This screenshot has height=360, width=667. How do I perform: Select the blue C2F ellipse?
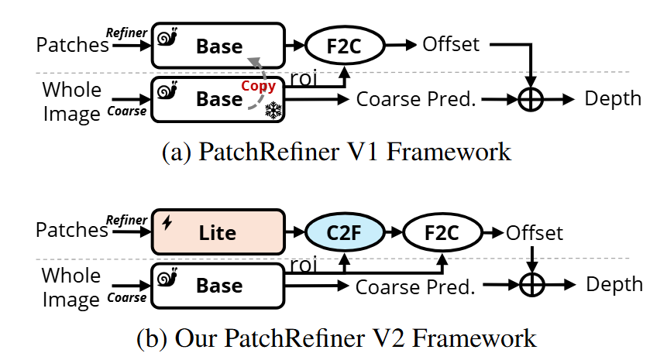pyautogui.click(x=342, y=230)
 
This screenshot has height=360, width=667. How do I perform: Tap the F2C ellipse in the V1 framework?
pyautogui.click(x=345, y=45)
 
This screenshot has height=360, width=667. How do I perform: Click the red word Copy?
pyautogui.click(x=257, y=86)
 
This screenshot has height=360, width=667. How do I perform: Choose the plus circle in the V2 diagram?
pyautogui.click(x=531, y=286)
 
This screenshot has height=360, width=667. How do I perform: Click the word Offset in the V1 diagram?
pyautogui.click(x=451, y=44)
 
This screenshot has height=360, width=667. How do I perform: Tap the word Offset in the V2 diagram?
pyautogui.click(x=534, y=231)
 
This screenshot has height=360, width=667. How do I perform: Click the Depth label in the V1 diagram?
pyautogui.click(x=613, y=98)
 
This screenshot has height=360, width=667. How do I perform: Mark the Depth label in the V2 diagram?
pyautogui.click(x=614, y=284)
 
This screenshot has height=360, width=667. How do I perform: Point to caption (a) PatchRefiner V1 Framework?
pyautogui.click(x=336, y=151)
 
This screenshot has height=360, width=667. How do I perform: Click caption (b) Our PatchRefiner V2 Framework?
pyautogui.click(x=335, y=338)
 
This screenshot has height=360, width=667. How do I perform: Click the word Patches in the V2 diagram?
pyautogui.click(x=72, y=230)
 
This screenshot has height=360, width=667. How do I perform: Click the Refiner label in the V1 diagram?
pyautogui.click(x=126, y=33)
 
